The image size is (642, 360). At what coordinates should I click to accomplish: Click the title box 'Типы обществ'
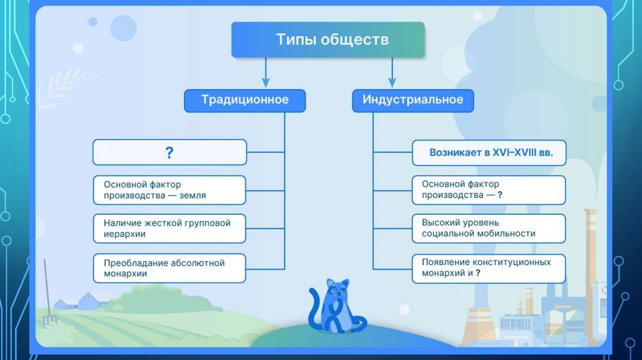pos(328,40)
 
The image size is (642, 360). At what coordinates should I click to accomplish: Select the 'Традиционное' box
pos(245,100)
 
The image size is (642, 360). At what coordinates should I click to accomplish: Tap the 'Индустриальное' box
pos(413,100)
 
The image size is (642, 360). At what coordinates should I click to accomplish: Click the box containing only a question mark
pos(169,152)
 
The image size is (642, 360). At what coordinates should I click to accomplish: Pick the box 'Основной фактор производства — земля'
pos(169,190)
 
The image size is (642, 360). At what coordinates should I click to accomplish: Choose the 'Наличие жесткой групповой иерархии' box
pos(169,229)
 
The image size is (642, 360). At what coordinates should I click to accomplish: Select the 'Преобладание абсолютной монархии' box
pos(169,268)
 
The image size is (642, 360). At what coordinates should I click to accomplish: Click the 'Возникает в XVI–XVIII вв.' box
pos(488,152)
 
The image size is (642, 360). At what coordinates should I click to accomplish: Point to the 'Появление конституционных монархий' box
pos(488,268)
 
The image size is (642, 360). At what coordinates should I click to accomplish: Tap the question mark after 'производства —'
pos(500,196)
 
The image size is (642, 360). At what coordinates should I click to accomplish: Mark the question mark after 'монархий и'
pos(478,273)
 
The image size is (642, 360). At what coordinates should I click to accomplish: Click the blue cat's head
pos(337,289)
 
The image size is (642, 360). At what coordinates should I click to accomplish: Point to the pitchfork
pos(48,295)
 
